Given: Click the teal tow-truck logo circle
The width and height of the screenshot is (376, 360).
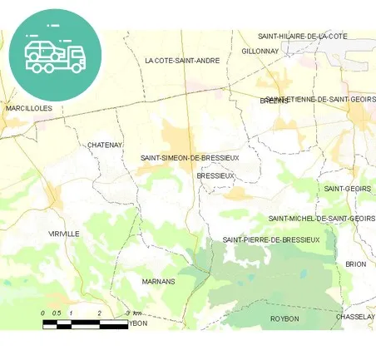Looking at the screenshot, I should tap(55, 54).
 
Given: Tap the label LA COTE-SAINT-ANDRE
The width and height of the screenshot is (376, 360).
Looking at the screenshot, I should tap(181, 61).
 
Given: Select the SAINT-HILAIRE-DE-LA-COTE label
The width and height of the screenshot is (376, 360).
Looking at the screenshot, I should tap(302, 37).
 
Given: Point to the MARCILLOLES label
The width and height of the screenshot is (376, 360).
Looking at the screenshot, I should tap(28, 108).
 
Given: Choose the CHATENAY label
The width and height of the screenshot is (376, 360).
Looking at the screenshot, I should tap(105, 145).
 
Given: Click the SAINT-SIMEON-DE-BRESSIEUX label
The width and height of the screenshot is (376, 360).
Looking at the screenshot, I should tap(190, 157).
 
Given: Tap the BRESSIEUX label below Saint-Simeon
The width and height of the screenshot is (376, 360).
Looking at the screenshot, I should tap(215, 176).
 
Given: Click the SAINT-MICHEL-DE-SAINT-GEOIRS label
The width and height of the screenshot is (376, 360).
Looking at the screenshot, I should tap(321, 219).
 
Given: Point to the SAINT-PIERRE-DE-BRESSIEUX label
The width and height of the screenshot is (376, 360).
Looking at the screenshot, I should tap(271, 239).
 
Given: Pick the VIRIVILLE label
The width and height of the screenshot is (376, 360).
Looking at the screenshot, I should tap(64, 234).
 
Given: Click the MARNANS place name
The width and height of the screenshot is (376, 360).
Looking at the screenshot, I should tap(159, 281).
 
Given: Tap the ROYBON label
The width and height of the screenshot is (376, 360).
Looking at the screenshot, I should tap(284, 318).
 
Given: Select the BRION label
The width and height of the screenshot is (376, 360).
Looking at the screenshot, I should tap(355, 264).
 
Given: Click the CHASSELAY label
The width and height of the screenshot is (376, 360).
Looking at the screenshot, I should tap(356, 317).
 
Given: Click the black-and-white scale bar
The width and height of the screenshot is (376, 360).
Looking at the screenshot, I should tap(85, 324).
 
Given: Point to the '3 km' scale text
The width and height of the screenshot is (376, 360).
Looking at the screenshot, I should tap(133, 313).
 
